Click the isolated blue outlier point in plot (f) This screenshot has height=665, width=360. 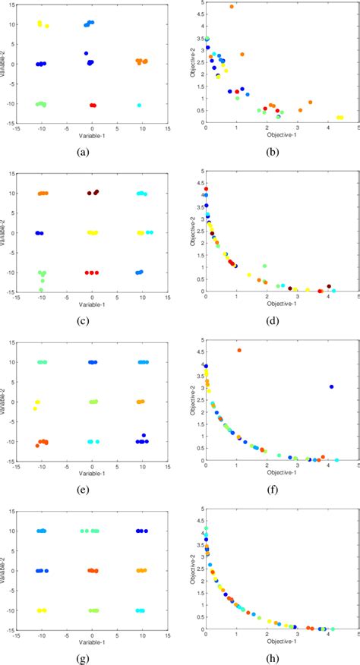coord(331,386)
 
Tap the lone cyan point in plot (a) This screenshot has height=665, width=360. coord(139,106)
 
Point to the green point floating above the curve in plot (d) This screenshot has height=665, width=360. coord(264,266)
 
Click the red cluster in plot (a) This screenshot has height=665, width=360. coord(93,105)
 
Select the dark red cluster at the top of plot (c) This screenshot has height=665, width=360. coord(93,193)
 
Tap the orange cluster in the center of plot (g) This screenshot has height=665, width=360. coord(92,570)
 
